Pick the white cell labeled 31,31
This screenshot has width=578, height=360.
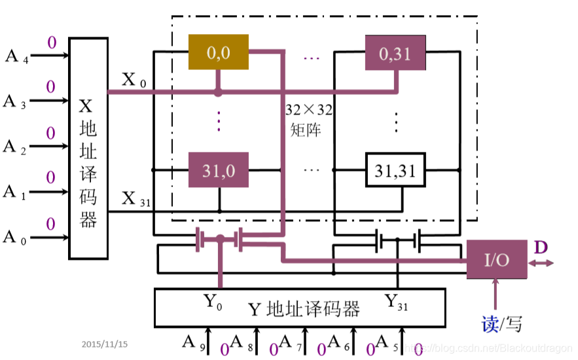[395, 170]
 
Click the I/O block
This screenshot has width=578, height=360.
[496, 259]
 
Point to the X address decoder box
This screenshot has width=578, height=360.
[88, 148]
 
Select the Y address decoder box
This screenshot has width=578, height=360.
[299, 307]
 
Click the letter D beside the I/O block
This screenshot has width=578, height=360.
[541, 247]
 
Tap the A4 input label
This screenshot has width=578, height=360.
[16, 56]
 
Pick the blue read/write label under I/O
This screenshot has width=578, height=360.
[501, 323]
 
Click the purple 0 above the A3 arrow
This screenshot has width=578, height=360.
[50, 87]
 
